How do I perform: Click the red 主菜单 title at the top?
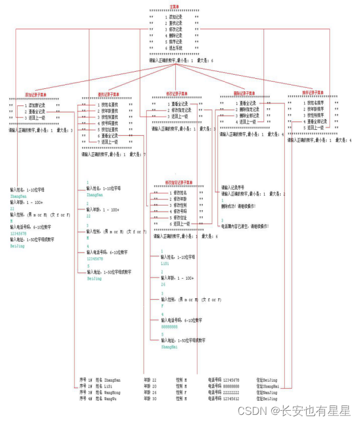point(174,6)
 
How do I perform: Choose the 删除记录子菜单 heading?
point(244,94)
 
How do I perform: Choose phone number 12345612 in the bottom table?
point(232,399)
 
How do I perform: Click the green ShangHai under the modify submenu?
point(169,347)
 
